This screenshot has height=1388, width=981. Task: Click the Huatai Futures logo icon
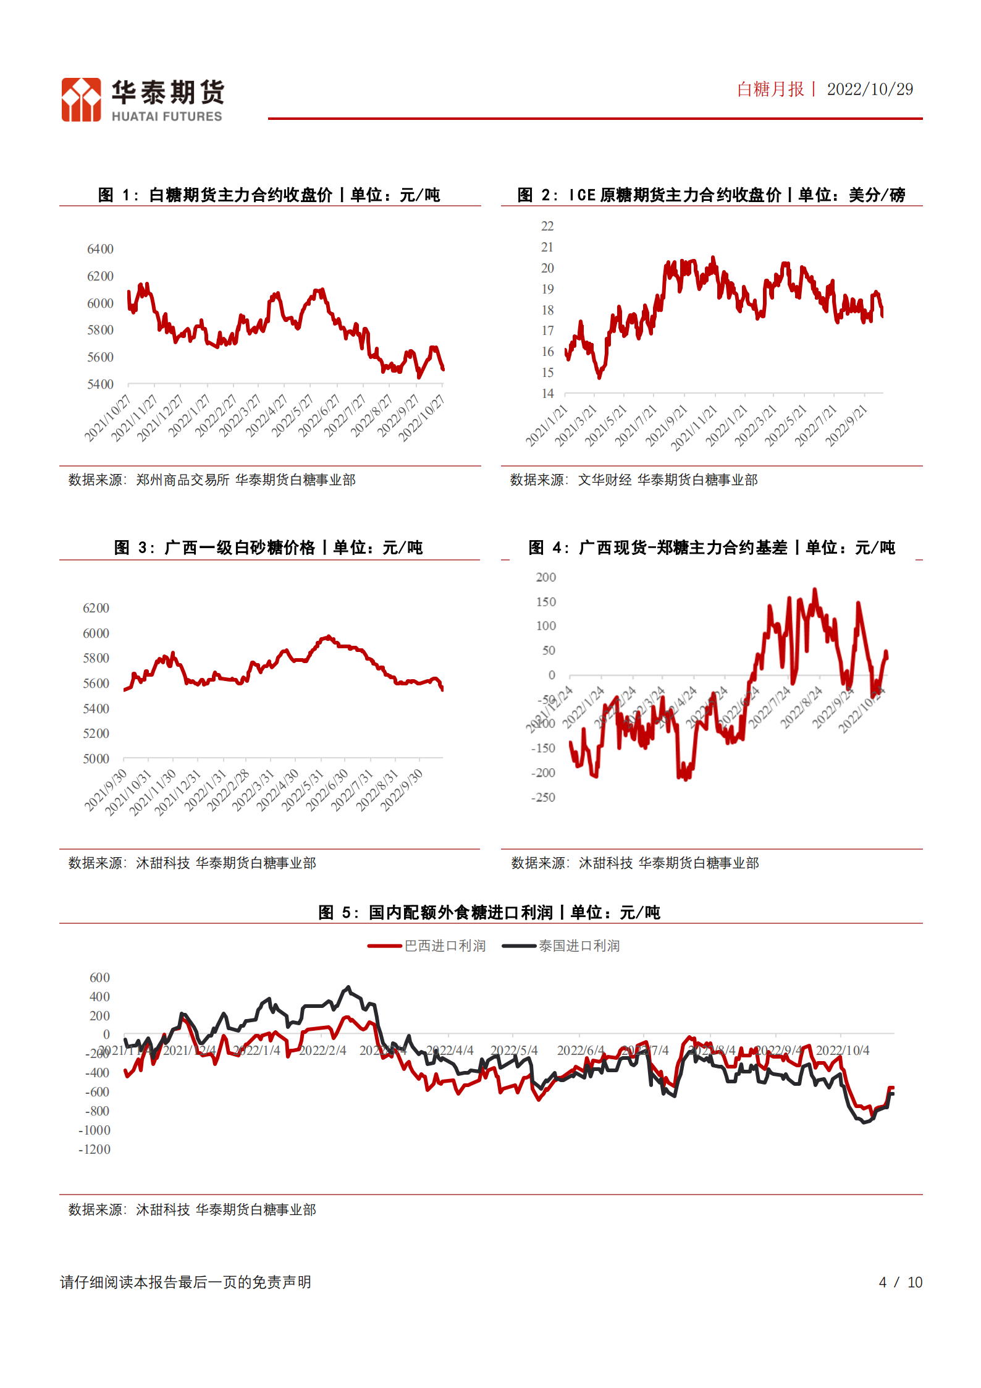[x=81, y=99]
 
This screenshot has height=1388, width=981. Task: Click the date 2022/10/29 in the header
[x=869, y=90]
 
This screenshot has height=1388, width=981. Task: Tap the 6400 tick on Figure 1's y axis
[x=100, y=249]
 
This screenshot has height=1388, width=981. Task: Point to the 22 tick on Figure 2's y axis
[x=547, y=226]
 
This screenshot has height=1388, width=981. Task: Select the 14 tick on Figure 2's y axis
[x=547, y=394]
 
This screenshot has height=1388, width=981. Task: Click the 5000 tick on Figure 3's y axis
[x=96, y=759]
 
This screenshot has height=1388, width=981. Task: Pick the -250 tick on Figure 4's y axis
[x=543, y=798]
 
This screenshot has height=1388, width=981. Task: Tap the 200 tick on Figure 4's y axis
[x=545, y=577]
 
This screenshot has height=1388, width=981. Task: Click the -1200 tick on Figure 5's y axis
[x=95, y=1149]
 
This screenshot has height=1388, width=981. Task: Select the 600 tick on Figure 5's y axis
[x=99, y=978]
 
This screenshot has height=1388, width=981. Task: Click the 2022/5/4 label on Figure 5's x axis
[x=514, y=1051]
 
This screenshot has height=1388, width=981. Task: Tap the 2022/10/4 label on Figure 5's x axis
[x=842, y=1051]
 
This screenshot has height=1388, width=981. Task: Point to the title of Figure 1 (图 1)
[x=269, y=195]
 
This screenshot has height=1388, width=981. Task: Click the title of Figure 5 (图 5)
[x=489, y=913]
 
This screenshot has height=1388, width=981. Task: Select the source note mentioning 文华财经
[x=634, y=480]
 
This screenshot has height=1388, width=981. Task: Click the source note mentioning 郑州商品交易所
[x=212, y=480]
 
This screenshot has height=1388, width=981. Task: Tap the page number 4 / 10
[x=900, y=1282]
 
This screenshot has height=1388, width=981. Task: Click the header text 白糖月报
[x=770, y=90]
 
